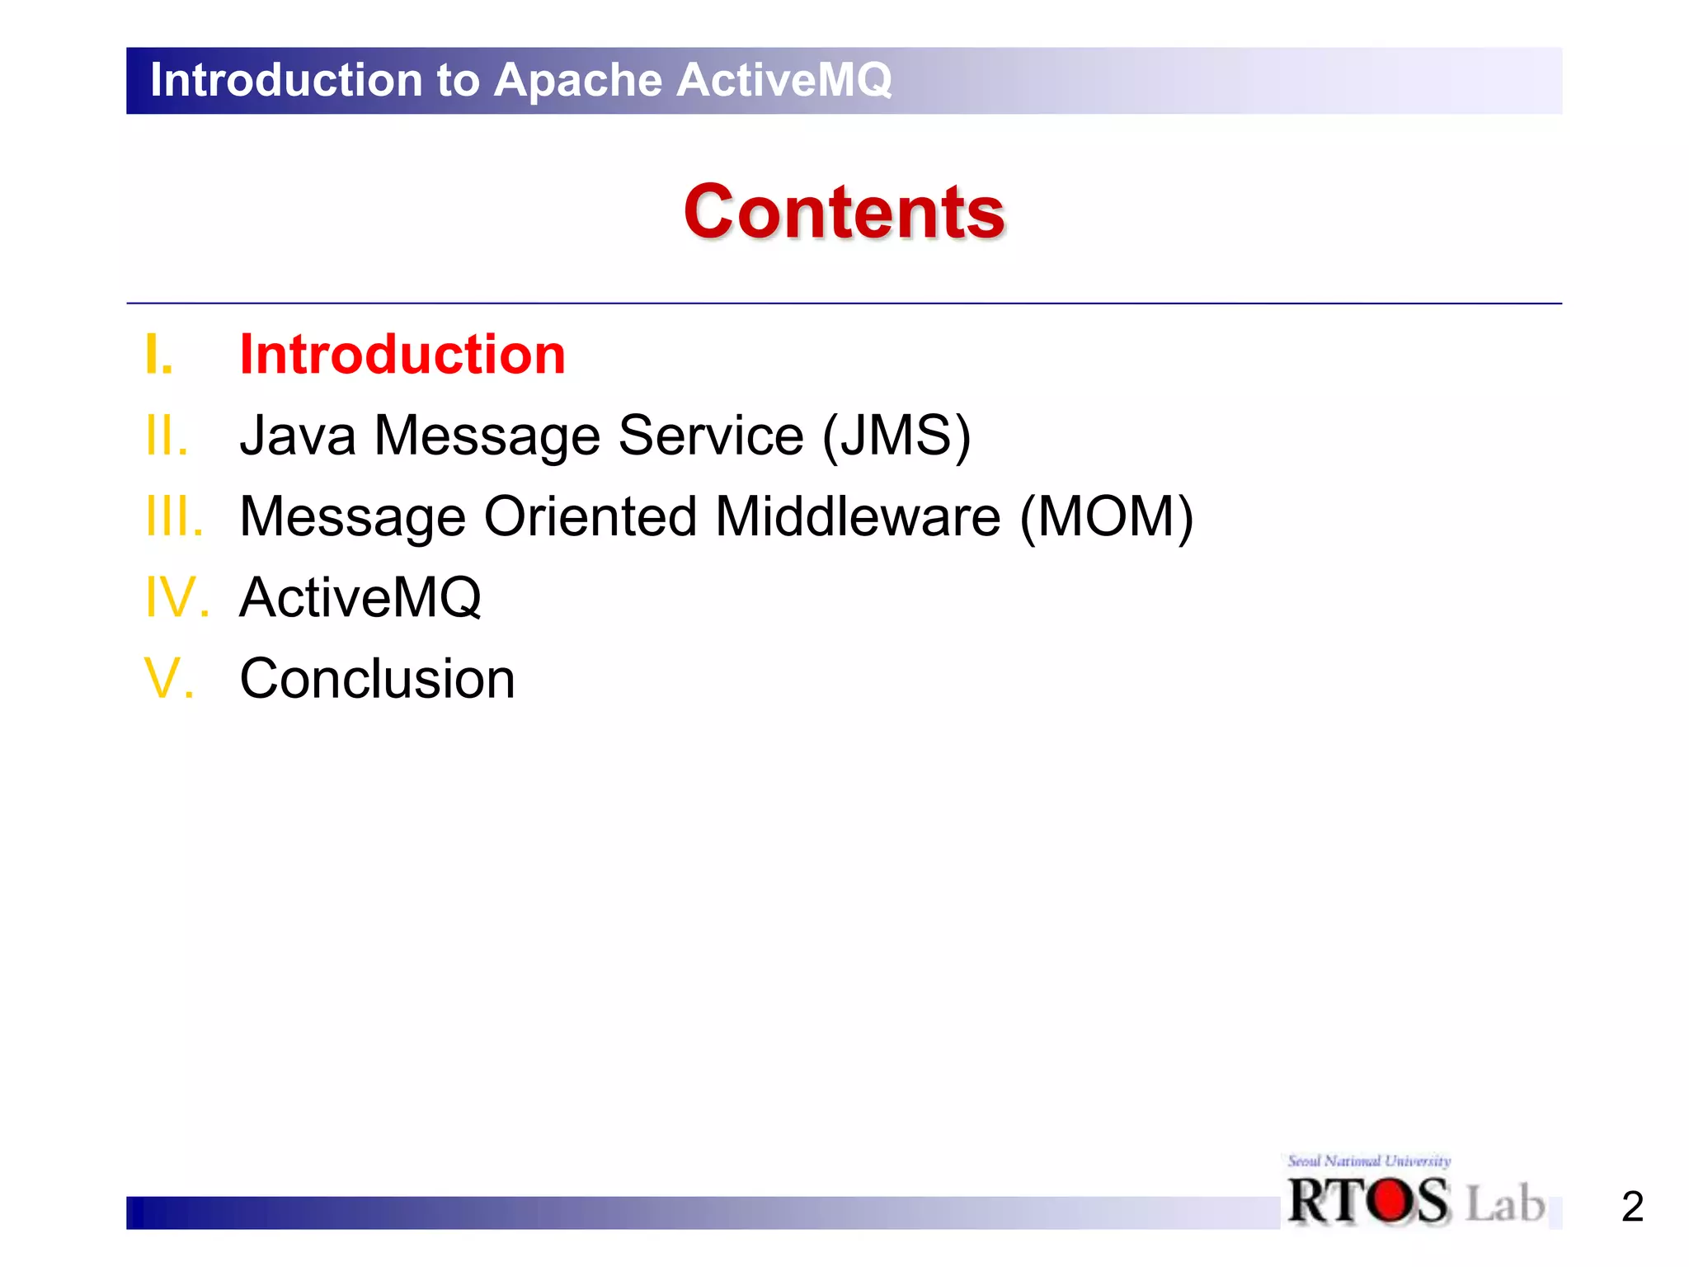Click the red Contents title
(844, 212)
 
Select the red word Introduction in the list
(402, 355)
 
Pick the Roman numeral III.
(174, 516)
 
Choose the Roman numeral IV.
(176, 597)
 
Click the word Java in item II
(298, 436)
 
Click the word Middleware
(858, 516)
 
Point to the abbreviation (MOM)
(1106, 516)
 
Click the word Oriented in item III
(590, 516)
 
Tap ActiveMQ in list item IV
(360, 597)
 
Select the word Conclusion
(377, 678)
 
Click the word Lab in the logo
(1505, 1203)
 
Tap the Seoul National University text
(1369, 1161)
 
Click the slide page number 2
(1632, 1207)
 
